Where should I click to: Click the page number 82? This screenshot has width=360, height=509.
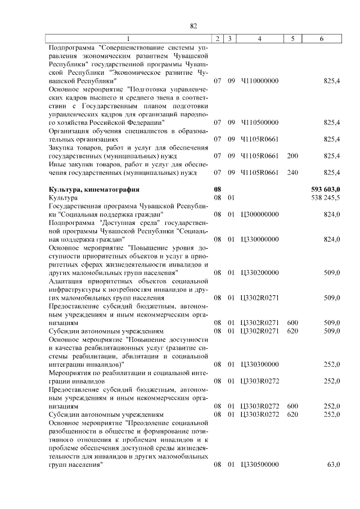[193, 26]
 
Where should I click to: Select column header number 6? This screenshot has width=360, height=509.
[321, 38]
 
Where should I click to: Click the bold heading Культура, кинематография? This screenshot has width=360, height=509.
[94, 190]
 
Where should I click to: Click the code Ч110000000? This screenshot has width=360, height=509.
[259, 81]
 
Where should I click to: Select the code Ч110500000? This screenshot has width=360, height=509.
[259, 121]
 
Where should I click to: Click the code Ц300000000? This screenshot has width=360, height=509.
[259, 214]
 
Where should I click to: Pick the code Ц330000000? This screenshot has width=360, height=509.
[259, 239]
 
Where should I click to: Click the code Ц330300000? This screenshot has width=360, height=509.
[259, 364]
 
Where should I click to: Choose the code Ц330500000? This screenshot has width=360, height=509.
[259, 464]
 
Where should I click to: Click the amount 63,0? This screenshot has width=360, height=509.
[332, 464]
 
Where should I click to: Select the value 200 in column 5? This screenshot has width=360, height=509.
[292, 156]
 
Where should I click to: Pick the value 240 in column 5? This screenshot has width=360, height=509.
[292, 172]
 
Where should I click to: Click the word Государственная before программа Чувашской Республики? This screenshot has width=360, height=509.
[76, 206]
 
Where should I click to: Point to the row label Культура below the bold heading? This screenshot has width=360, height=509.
[64, 198]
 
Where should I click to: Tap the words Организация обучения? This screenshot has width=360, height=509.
[81, 131]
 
